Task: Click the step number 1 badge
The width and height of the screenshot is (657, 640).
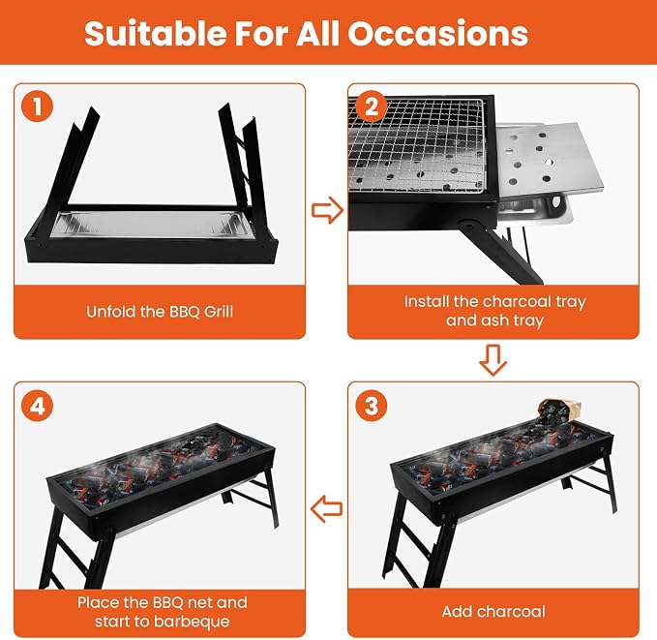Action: click(38, 107)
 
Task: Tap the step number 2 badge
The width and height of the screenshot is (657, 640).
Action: click(372, 107)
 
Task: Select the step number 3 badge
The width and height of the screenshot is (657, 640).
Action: click(372, 406)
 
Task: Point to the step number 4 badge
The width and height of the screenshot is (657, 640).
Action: click(38, 406)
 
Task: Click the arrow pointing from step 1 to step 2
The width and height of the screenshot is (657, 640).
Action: click(327, 210)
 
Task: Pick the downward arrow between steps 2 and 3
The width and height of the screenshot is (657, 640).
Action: click(493, 360)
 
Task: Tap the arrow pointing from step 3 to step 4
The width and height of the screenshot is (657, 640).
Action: click(326, 508)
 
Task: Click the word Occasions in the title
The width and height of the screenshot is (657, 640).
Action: click(438, 33)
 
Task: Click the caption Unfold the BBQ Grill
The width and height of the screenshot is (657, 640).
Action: click(160, 312)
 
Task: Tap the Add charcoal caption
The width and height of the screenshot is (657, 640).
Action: click(493, 612)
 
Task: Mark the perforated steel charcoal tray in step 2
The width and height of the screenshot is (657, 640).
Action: click(549, 160)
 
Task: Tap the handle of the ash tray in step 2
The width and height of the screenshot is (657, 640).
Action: click(558, 200)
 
